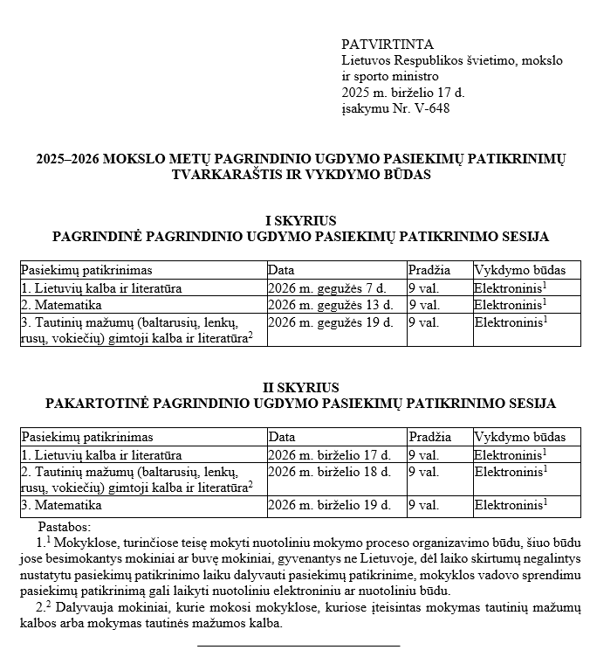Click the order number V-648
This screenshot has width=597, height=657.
431,108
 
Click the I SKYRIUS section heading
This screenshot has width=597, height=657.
300,221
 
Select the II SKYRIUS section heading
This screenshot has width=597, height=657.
300,388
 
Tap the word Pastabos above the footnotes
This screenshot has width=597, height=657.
65,528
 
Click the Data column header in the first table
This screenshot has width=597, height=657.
282,270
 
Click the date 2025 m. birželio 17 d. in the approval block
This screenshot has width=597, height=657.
403,93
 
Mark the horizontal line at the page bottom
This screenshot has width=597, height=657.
298,647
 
